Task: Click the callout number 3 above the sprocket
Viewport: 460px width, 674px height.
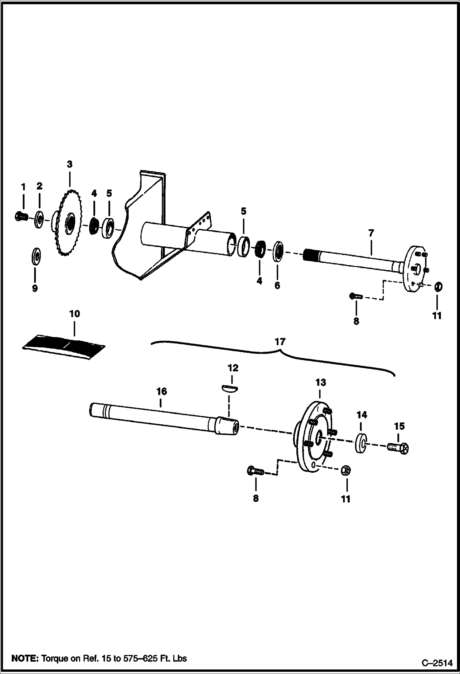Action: [x=70, y=164]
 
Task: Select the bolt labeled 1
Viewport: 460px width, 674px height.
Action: [x=21, y=216]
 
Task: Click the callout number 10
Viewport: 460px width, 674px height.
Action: [x=75, y=314]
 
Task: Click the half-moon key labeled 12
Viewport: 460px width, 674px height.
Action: [x=229, y=388]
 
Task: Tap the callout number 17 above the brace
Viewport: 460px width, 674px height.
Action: [x=280, y=342]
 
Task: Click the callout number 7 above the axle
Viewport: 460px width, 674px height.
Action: [x=371, y=233]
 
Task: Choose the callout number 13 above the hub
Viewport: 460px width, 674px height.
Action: [x=320, y=382]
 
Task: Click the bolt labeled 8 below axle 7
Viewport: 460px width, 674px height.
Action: [x=356, y=296]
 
